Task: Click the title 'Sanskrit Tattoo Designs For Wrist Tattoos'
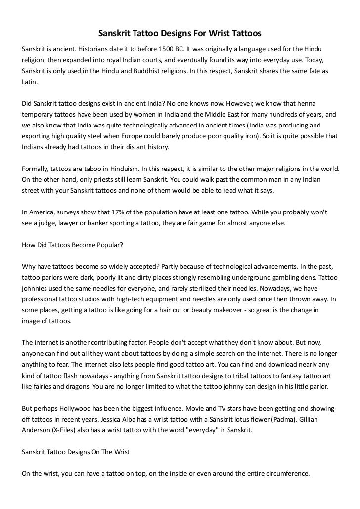pyautogui.click(x=180, y=34)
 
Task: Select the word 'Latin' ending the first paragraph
pyautogui.click(x=29, y=82)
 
